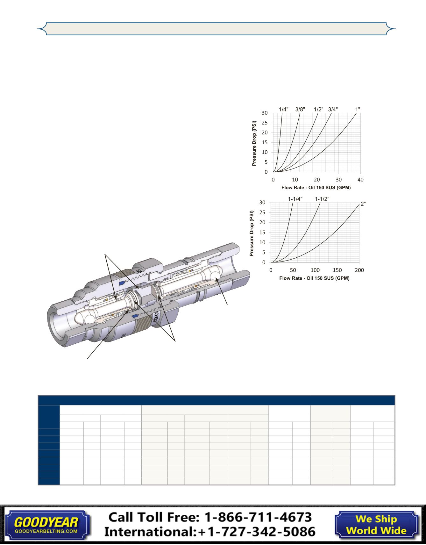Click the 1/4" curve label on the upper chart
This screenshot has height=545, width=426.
[284, 109]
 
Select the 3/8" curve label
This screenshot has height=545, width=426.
[300, 109]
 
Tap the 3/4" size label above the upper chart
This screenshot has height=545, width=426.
[333, 109]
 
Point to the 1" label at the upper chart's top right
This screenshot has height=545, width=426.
[358, 109]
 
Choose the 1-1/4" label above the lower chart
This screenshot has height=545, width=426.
[295, 199]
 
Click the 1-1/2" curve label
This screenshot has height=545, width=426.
[322, 199]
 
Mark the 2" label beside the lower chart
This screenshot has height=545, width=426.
[363, 204]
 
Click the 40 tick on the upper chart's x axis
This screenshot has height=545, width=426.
[360, 180]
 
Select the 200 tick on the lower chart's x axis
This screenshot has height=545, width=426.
[359, 270]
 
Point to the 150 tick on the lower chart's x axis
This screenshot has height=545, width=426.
[337, 270]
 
